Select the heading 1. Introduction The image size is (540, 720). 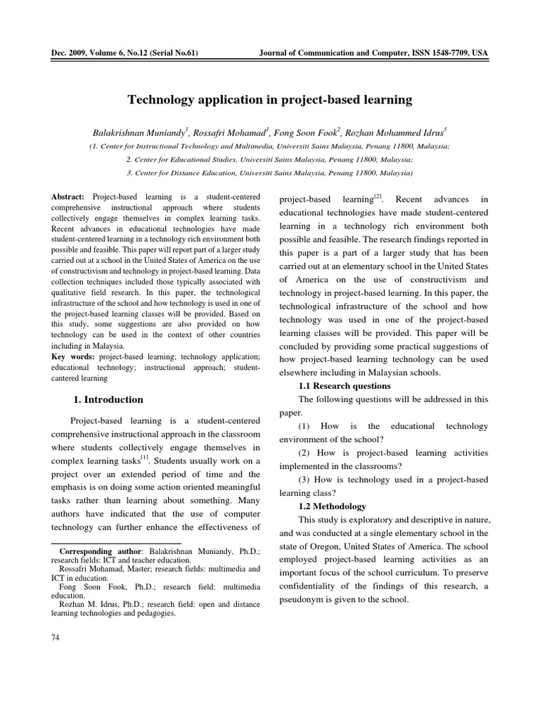point(108,399)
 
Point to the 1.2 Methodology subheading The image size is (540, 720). point(333,506)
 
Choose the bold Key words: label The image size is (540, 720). point(72,357)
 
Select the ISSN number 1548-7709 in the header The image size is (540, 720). point(444,53)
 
